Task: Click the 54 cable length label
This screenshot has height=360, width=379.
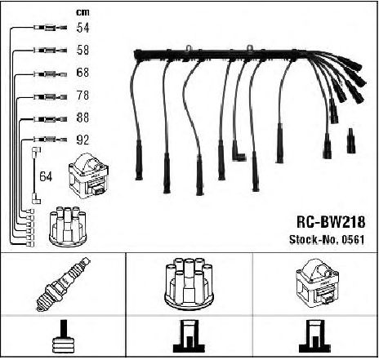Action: (x=82, y=28)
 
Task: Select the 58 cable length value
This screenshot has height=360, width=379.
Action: (x=82, y=50)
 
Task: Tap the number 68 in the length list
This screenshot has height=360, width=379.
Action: (x=82, y=73)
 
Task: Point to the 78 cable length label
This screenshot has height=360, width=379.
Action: (x=82, y=96)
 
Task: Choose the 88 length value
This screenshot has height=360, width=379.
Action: (x=82, y=118)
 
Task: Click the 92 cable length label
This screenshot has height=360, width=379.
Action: (x=82, y=140)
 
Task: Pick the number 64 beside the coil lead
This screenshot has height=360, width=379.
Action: (x=46, y=176)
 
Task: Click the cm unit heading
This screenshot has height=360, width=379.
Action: (x=82, y=12)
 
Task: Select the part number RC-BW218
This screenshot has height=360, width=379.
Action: (x=331, y=222)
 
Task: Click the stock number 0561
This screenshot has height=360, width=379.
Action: (x=353, y=239)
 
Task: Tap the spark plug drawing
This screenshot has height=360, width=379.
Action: (x=64, y=283)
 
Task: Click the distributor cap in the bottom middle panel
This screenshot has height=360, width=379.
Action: (x=189, y=283)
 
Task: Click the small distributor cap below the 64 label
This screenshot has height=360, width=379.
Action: (x=68, y=227)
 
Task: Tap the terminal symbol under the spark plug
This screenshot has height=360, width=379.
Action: (x=63, y=336)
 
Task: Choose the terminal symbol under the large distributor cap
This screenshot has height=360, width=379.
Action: (x=189, y=336)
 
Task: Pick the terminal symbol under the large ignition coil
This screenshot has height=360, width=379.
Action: (x=314, y=336)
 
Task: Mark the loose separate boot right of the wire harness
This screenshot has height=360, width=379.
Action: (x=350, y=140)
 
